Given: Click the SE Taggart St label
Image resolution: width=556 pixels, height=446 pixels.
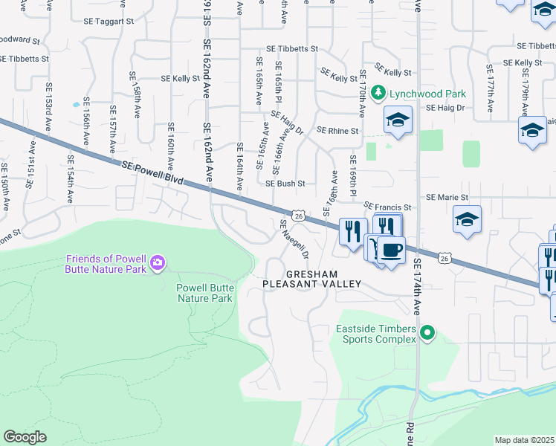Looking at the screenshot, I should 108,22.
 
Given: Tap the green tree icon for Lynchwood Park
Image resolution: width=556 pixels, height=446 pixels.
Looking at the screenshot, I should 378,93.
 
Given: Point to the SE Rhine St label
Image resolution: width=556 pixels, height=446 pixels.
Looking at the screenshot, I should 337,130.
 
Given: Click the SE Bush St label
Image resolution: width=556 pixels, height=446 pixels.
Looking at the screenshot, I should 285,183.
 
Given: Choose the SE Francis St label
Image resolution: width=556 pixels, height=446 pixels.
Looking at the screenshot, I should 387,207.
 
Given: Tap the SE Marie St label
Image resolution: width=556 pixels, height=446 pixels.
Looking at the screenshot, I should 447,198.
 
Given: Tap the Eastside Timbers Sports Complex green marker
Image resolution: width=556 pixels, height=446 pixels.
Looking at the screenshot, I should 427,333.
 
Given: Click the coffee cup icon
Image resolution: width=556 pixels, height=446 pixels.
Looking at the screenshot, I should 392,248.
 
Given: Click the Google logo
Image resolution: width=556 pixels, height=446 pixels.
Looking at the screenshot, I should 25,436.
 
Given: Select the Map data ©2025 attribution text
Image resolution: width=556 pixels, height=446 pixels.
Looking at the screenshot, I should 524,440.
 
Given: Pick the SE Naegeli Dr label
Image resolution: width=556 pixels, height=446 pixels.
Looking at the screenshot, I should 294,239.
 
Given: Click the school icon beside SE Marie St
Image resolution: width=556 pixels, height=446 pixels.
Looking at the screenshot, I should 467,219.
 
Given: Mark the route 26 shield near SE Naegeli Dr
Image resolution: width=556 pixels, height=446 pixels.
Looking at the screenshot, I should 298,216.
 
